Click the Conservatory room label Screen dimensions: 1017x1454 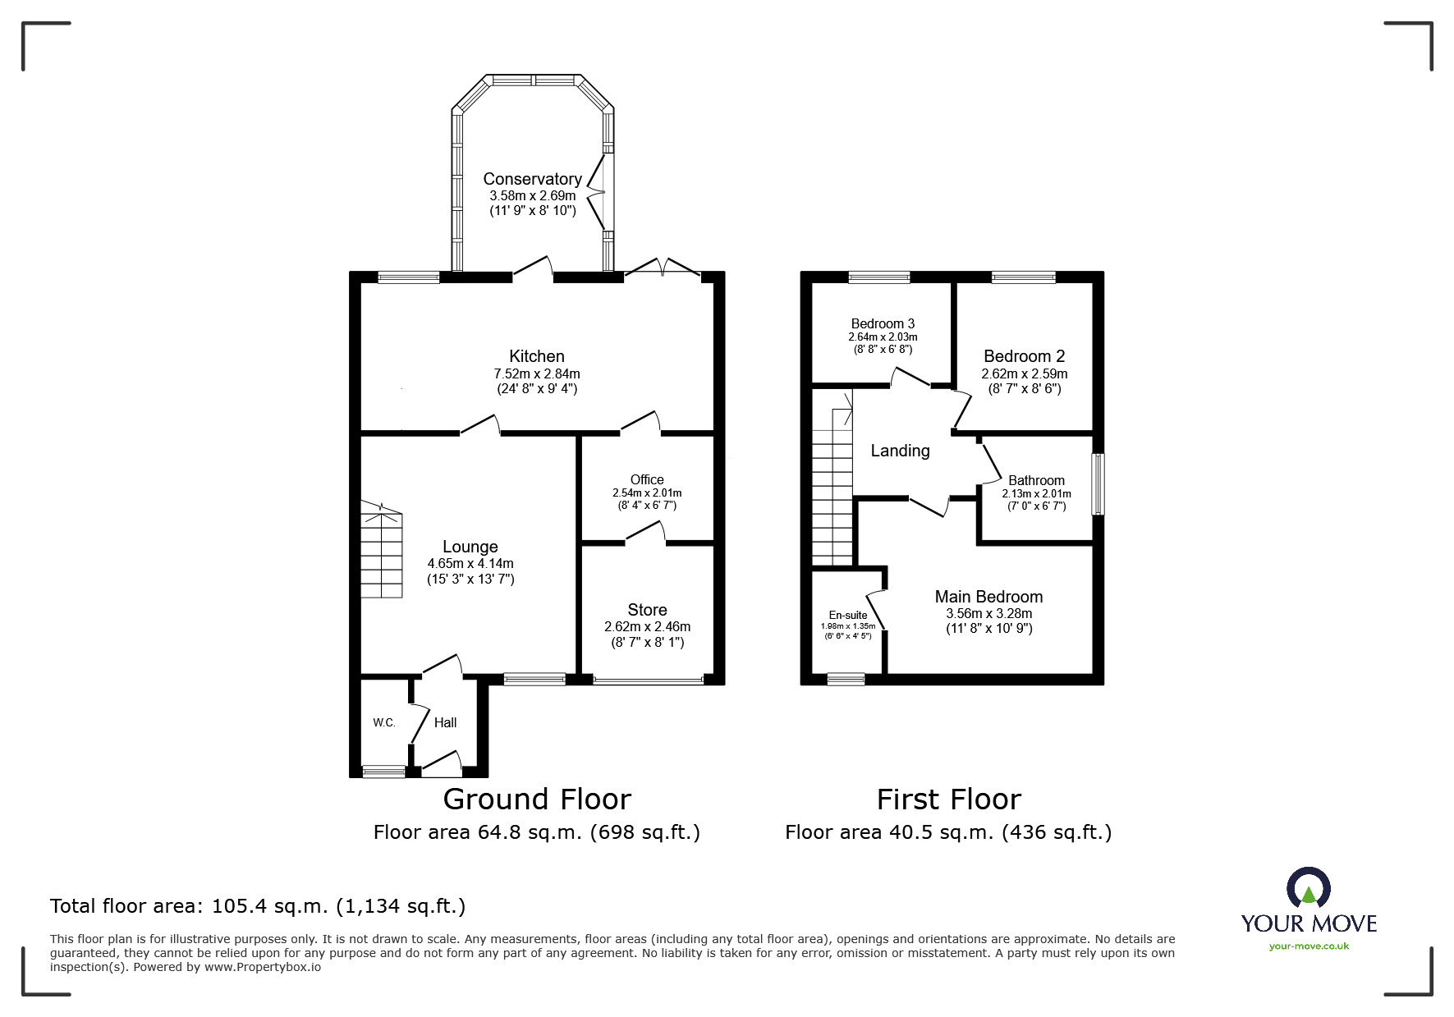[x=532, y=179]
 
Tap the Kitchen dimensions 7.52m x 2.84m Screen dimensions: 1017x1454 [x=536, y=373]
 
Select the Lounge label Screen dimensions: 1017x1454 [x=470, y=547]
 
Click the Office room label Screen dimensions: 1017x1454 [x=647, y=479]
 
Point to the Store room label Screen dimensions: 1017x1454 [x=647, y=610]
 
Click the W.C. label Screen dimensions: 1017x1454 [x=384, y=722]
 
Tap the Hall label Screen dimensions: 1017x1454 [x=445, y=722]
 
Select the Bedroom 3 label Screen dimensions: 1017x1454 [x=883, y=323]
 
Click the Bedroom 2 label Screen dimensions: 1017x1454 [x=1024, y=356]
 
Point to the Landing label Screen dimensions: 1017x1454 [x=900, y=451]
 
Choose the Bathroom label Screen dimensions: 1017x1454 [x=1036, y=480]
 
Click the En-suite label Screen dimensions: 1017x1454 [x=848, y=615]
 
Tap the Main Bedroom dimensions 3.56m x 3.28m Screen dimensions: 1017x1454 [x=988, y=613]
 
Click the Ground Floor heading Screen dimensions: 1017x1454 [x=537, y=799]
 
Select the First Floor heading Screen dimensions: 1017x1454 [x=948, y=799]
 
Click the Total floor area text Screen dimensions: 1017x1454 [x=258, y=906]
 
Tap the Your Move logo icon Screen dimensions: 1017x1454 [x=1308, y=888]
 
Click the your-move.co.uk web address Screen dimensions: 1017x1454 [x=1309, y=946]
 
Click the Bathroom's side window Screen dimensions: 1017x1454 [x=1098, y=484]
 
